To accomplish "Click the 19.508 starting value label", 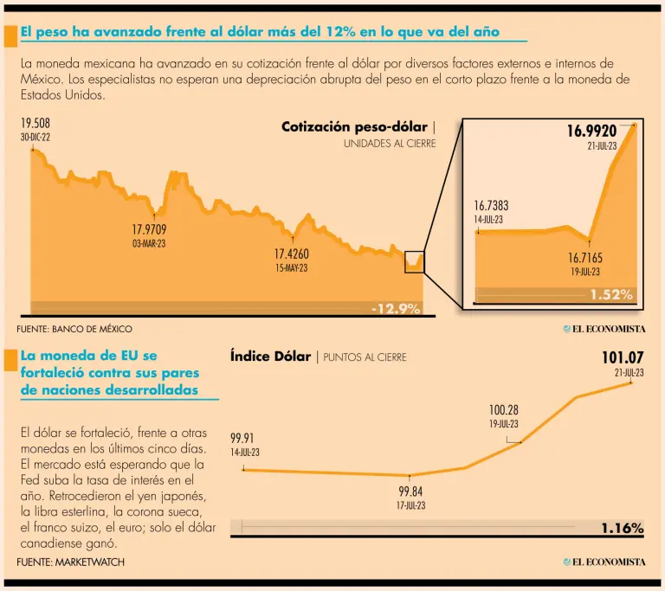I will click(36, 124).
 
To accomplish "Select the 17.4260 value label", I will click(291, 254).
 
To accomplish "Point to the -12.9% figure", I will click(396, 308).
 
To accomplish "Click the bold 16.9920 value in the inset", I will click(591, 132).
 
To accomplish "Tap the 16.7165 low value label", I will click(585, 258).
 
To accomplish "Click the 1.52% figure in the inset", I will click(611, 295).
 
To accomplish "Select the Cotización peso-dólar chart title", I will click(355, 127).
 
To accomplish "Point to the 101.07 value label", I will click(623, 357).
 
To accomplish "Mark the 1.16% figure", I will click(623, 528).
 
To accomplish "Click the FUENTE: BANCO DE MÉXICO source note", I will click(74, 329).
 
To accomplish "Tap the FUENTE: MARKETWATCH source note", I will click(70, 562).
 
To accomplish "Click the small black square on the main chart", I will click(415, 260).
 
